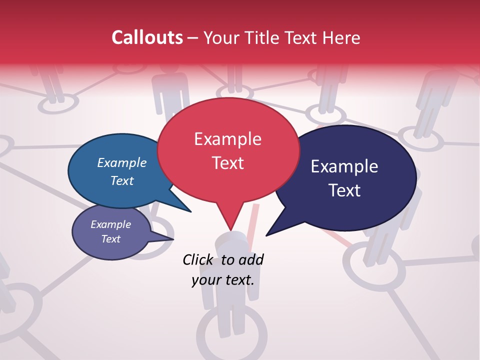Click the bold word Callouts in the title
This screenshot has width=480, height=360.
click(x=147, y=37)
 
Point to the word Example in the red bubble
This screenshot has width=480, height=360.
click(x=227, y=139)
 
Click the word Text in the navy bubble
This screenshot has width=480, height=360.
click(x=344, y=190)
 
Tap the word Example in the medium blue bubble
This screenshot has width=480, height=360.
click(x=122, y=163)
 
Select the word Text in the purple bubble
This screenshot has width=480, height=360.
click(x=111, y=239)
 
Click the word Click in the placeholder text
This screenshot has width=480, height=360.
click(x=198, y=259)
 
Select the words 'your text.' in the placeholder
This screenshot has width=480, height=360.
click(x=222, y=280)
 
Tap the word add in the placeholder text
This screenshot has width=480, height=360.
click(x=251, y=259)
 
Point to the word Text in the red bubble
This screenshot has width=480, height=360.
click(x=228, y=163)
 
